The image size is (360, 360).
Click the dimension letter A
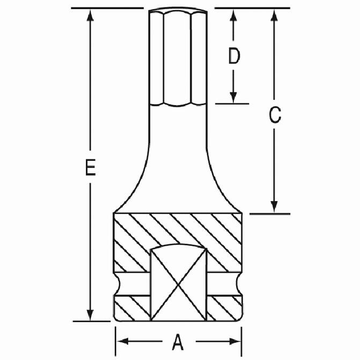[178, 342]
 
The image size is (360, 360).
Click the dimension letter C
[275, 115]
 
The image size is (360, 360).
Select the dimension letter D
[234, 56]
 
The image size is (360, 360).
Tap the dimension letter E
[91, 167]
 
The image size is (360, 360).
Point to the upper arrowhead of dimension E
[90, 16]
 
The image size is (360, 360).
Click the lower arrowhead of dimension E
[90, 315]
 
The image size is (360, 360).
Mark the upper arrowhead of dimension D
[233, 16]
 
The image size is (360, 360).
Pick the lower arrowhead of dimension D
[233, 97]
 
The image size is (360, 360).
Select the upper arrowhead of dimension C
[274, 16]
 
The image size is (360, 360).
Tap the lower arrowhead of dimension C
[274, 207]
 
